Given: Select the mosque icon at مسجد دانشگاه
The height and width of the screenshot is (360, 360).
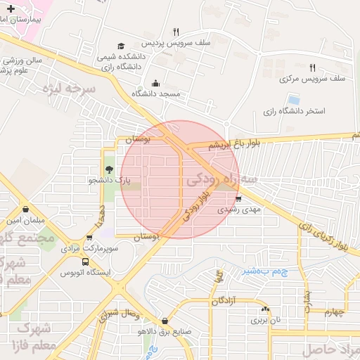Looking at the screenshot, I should tap(155, 84).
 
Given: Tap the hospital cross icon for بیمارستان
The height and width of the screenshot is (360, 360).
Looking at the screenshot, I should tap(11, 8).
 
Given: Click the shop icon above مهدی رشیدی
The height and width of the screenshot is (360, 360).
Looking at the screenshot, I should tap(247, 198).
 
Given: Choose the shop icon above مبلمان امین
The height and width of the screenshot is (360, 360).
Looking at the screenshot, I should tap(26, 210).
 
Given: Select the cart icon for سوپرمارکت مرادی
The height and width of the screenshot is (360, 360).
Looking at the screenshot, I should tap(89, 238).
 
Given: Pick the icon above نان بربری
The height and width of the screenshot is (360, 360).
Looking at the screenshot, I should tap(265, 309).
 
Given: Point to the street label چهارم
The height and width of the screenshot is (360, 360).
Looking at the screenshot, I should tap(337, 312).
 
